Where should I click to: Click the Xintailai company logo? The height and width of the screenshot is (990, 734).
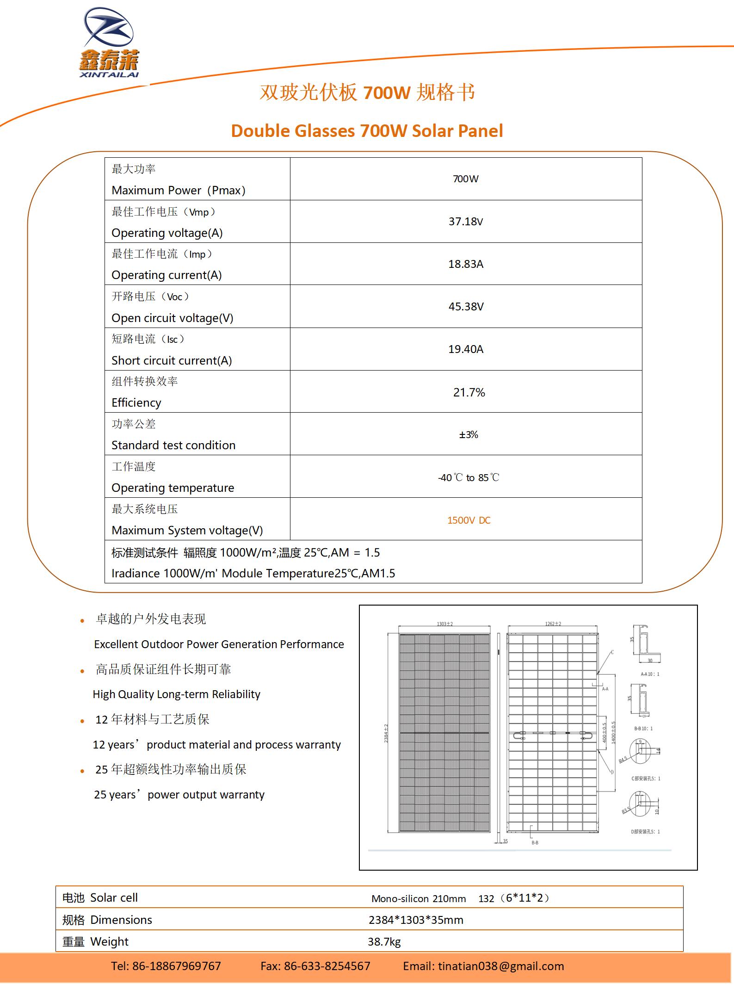click(109, 43)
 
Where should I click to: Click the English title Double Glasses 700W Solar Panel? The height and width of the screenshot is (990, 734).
click(367, 131)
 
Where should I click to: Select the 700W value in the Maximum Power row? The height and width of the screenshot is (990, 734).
click(465, 179)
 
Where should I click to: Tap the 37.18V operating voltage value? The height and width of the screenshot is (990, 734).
click(465, 222)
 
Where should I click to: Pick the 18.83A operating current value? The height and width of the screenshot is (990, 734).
click(465, 264)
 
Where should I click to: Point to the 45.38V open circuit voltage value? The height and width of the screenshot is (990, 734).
click(466, 307)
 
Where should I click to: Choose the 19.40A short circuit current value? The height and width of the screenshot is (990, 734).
click(465, 349)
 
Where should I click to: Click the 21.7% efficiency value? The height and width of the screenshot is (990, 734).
click(469, 393)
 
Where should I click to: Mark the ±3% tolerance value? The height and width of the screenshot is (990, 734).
click(468, 435)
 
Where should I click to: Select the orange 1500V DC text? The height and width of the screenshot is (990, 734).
click(469, 520)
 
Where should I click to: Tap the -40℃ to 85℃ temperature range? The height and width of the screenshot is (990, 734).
click(468, 477)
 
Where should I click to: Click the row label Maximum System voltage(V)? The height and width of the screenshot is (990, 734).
click(187, 530)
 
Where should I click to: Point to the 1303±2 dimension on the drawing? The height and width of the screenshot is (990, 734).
click(444, 624)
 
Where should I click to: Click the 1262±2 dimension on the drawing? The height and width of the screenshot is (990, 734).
click(553, 624)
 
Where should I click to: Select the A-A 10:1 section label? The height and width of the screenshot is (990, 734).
click(649, 674)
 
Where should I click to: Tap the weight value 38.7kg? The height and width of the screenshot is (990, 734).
click(384, 941)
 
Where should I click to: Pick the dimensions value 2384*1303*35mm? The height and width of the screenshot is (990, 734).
click(416, 920)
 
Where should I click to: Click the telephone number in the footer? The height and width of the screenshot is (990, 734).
click(166, 966)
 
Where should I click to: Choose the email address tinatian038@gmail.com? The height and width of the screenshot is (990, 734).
click(483, 966)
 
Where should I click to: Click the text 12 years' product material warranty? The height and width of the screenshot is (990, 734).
click(216, 744)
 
